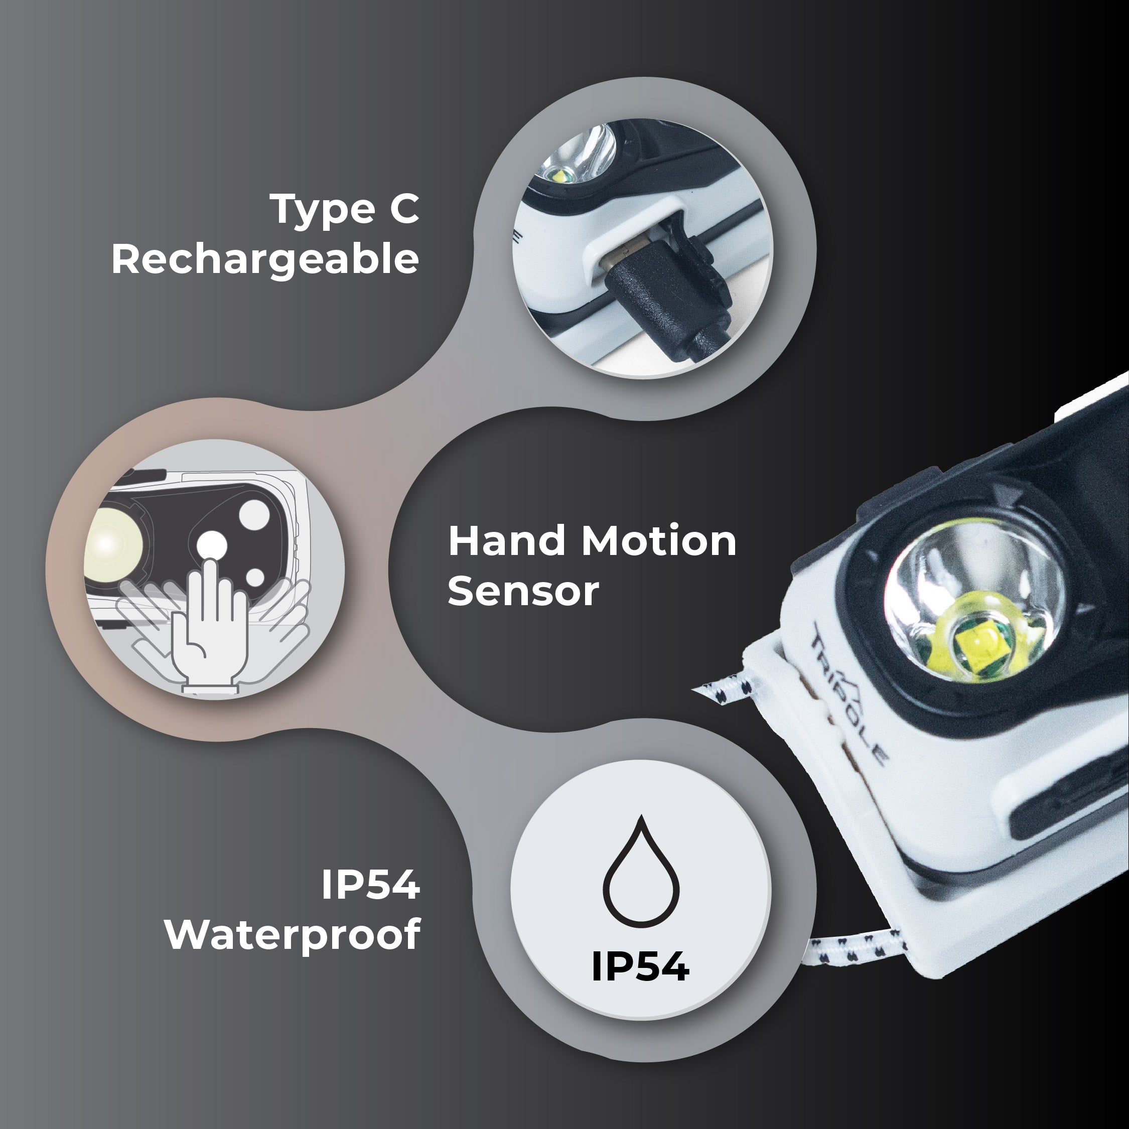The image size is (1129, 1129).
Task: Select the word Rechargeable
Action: click(x=265, y=259)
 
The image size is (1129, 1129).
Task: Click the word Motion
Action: click(x=658, y=541)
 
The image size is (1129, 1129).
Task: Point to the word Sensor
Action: click(x=523, y=592)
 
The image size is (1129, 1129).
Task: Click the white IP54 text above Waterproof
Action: click(x=370, y=885)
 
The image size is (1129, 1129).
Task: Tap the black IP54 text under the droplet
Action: click(x=640, y=967)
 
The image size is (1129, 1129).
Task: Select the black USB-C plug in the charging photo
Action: click(x=643, y=292)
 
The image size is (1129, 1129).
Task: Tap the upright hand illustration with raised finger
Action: click(x=210, y=631)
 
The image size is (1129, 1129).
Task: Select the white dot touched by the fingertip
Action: click(x=212, y=545)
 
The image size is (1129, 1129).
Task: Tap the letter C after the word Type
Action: click(x=404, y=210)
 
